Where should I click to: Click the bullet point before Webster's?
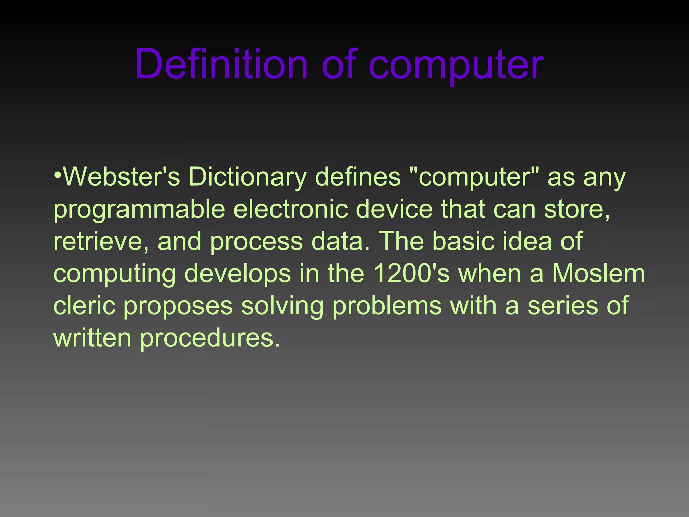pyautogui.click(x=58, y=176)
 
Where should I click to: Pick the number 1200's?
pyautogui.click(x=411, y=273)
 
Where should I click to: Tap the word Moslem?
pyautogui.click(x=599, y=273)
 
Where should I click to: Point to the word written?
pyautogui.click(x=92, y=338)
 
